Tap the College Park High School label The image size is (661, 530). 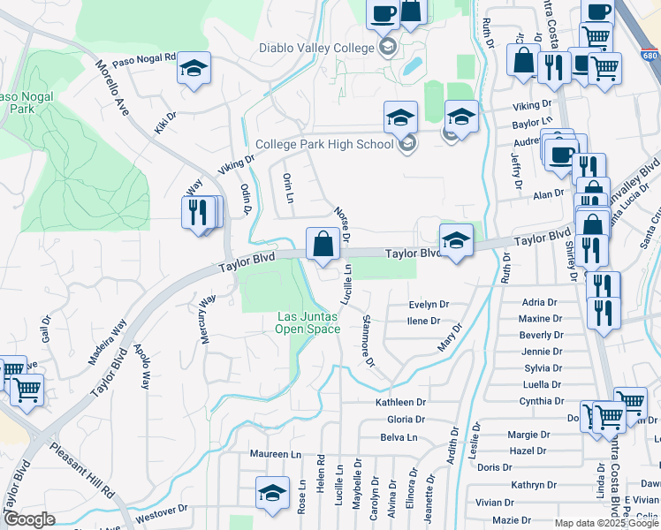(324, 145)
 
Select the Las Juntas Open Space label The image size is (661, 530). (308, 323)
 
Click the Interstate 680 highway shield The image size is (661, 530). (650, 56)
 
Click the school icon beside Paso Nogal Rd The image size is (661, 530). (194, 69)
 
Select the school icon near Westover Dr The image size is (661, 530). (273, 493)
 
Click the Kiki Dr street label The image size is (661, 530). (165, 121)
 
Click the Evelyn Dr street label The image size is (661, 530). (429, 305)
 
